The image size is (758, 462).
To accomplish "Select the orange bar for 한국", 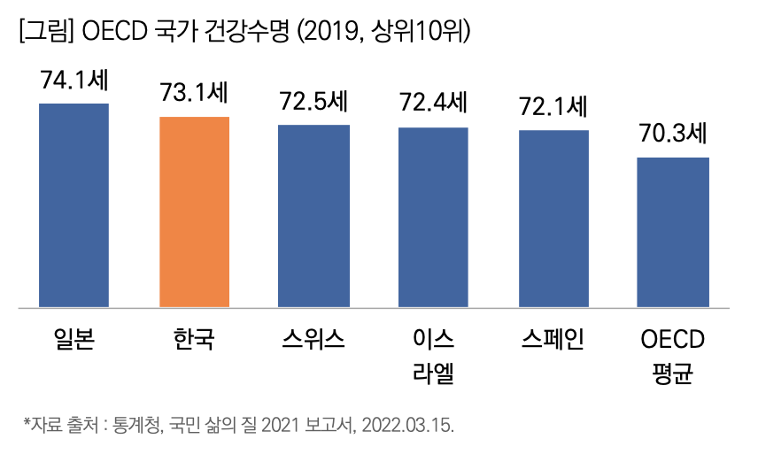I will point(194,212).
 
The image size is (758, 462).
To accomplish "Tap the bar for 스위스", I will point(313,216).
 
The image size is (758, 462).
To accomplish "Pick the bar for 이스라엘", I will point(433,218).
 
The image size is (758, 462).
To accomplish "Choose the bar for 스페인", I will point(553,219).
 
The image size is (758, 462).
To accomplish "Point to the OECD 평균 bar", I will point(674,233).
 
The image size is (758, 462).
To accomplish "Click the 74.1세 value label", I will point(73,81).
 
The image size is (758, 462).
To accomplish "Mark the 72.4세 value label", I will point(433,104).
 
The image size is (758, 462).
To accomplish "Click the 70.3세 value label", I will point(674,135).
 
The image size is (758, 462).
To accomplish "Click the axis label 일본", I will point(73,339).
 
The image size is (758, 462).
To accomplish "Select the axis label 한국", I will point(194,339).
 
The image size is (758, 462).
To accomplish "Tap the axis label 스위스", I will point(313,339).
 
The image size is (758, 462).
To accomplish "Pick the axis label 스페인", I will point(553,339).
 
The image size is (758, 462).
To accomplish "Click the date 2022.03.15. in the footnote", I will point(410,426).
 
